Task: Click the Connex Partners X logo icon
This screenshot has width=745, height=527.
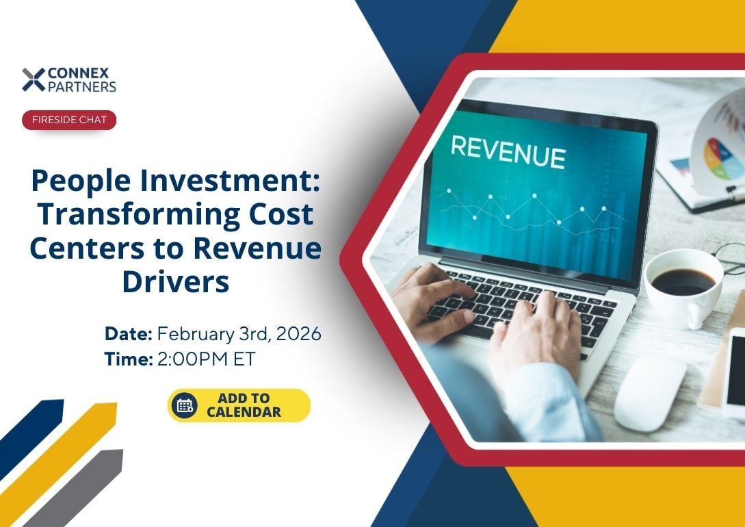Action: [x=34, y=79]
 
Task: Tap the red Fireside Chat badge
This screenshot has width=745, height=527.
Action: [x=69, y=120]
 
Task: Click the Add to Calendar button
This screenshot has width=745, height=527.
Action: [x=239, y=405]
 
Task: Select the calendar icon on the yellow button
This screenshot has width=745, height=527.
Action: [x=184, y=406]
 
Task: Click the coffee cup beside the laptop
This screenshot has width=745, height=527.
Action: [x=683, y=288]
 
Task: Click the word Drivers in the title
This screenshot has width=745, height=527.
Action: [x=176, y=282]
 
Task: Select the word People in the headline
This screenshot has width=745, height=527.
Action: [x=80, y=181]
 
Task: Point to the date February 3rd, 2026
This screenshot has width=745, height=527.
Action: [x=239, y=333]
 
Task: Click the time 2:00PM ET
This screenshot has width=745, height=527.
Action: [x=206, y=359]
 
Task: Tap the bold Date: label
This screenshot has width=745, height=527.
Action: [x=129, y=333]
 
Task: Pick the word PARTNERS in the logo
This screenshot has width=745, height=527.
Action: [x=81, y=86]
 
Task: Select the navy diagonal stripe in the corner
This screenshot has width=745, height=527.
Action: [x=31, y=438]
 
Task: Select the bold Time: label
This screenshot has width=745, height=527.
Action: [x=129, y=359]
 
